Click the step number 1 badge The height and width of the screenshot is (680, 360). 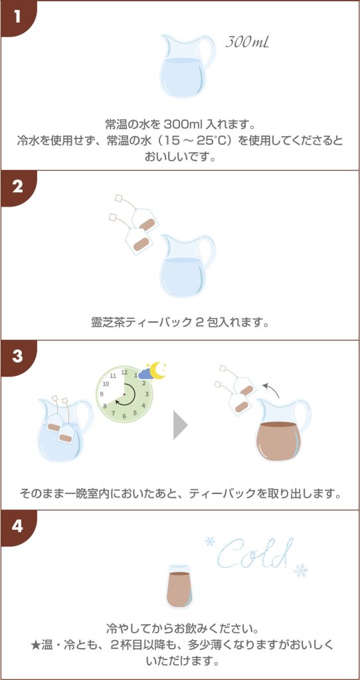(x=17, y=17)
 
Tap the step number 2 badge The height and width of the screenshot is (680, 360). (x=17, y=188)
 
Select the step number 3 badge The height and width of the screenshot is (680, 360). (x=17, y=357)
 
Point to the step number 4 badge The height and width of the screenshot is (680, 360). (x=17, y=527)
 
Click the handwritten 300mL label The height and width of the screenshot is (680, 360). (x=247, y=42)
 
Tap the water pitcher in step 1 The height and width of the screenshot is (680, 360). (x=187, y=66)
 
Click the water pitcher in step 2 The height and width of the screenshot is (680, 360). (x=187, y=266)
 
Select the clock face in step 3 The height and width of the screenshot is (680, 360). (x=124, y=394)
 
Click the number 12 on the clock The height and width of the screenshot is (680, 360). (x=124, y=372)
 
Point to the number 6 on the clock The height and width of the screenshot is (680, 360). (x=124, y=416)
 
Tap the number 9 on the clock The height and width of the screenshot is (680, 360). (x=102, y=394)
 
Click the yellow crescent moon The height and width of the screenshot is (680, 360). (x=157, y=370)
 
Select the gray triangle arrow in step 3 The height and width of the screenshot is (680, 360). (x=181, y=426)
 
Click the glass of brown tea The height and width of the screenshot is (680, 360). (x=179, y=587)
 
